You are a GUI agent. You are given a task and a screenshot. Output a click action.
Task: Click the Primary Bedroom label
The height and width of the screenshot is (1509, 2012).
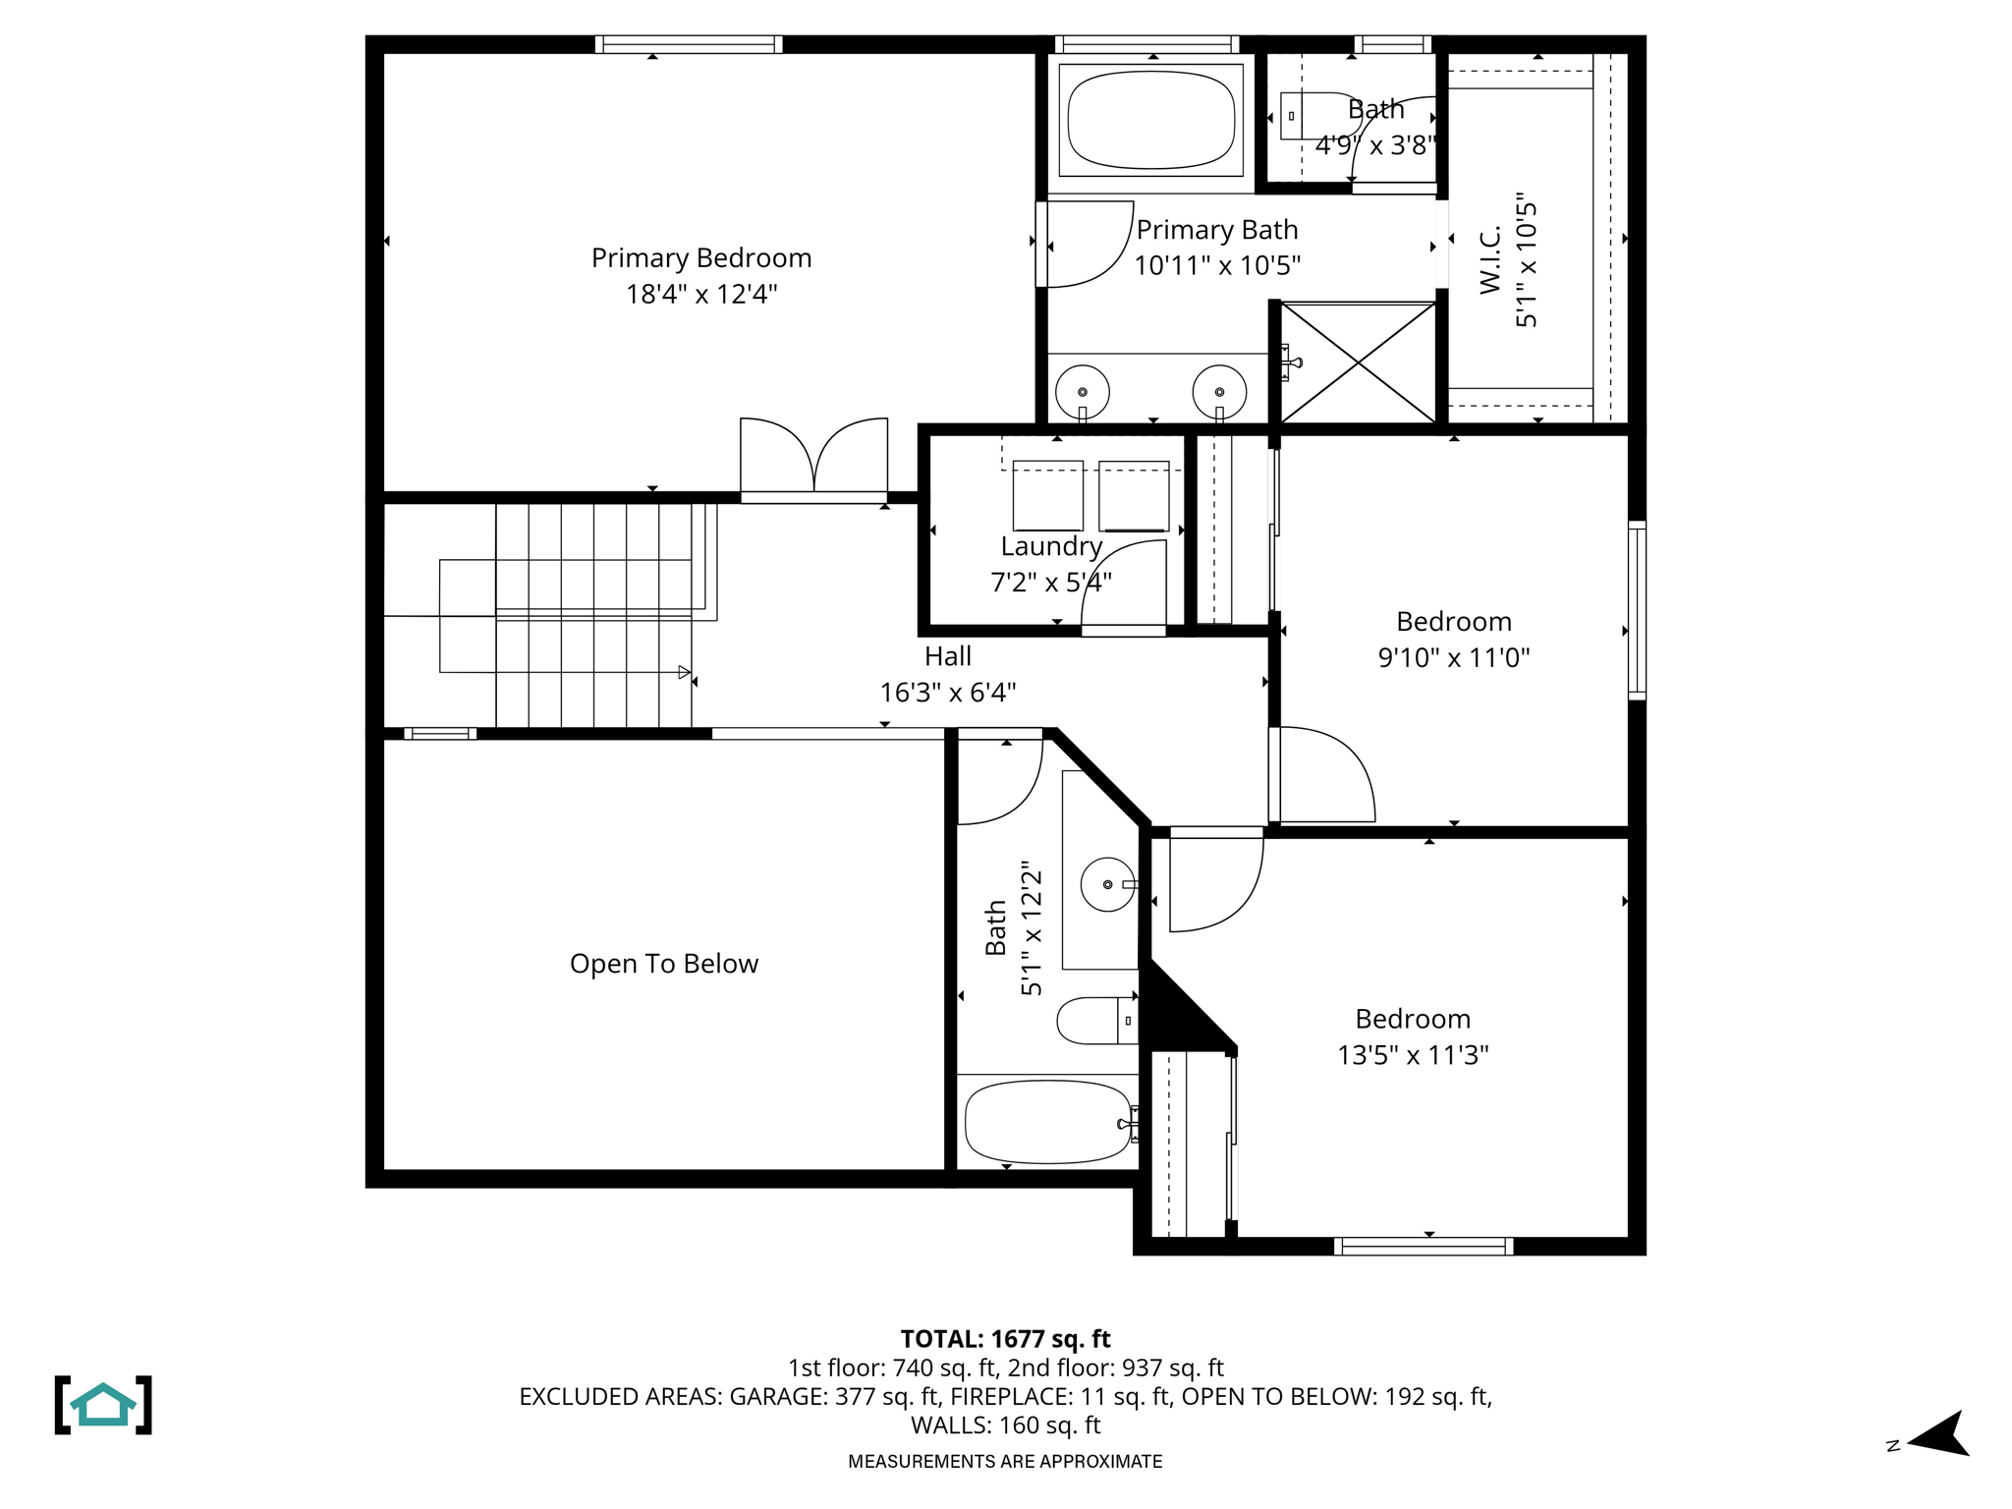pyautogui.click(x=701, y=258)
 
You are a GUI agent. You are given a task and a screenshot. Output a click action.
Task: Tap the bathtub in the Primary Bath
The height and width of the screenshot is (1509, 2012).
pyautogui.click(x=1150, y=120)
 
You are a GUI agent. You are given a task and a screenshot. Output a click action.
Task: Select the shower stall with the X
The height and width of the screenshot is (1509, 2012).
pyautogui.click(x=1358, y=363)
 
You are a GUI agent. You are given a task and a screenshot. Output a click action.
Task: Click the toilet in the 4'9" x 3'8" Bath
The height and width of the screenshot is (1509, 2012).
pyautogui.click(x=1314, y=116)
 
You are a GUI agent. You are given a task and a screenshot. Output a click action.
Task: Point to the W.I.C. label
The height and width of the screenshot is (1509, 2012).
pyautogui.click(x=1490, y=259)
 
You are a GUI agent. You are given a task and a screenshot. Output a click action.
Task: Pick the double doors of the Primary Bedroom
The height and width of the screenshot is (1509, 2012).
pyautogui.click(x=813, y=457)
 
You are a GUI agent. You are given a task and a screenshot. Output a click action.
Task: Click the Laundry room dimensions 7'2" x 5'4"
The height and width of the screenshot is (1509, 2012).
pyautogui.click(x=1050, y=583)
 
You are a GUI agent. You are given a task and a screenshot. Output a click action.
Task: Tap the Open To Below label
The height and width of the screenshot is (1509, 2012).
pyautogui.click(x=664, y=964)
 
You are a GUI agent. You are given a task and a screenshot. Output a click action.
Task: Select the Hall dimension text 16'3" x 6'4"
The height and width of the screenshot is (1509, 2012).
pyautogui.click(x=947, y=693)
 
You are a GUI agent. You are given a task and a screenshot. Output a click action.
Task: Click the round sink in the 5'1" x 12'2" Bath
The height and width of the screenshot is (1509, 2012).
pyautogui.click(x=1107, y=884)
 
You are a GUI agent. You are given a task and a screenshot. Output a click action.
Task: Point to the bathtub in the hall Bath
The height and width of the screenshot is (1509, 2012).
pyautogui.click(x=1047, y=1122)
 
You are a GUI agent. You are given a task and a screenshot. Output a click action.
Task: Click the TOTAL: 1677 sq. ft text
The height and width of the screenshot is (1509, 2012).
pyautogui.click(x=1005, y=1339)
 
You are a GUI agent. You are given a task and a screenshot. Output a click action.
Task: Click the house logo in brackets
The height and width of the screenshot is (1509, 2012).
pyautogui.click(x=103, y=1405)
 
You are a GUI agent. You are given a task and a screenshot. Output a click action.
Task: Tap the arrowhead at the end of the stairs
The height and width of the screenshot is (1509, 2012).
pyautogui.click(x=684, y=673)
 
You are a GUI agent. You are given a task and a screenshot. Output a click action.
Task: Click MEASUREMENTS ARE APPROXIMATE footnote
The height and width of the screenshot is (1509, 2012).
pyautogui.click(x=1005, y=1462)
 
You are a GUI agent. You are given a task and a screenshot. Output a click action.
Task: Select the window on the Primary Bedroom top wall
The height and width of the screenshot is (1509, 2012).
pyautogui.click(x=688, y=44)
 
